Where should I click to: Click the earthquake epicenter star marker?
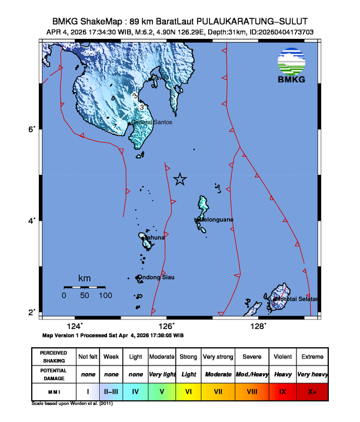180,180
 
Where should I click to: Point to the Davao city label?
160,78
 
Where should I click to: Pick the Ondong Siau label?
156,277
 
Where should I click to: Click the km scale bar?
84,287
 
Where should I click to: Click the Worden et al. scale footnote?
72,404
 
